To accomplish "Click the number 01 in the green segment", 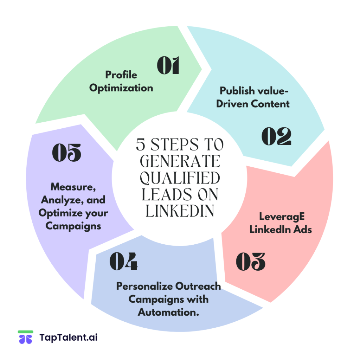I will click(x=168, y=65).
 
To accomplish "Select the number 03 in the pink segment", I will click(x=250, y=262).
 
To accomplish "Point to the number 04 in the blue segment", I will click(x=123, y=262).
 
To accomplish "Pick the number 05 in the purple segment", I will click(x=66, y=153).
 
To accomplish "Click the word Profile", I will click(x=121, y=75).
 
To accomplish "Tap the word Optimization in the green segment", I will click(x=121, y=88).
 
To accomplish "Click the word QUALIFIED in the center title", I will click(x=180, y=178).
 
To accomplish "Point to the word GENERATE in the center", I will click(x=180, y=162).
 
